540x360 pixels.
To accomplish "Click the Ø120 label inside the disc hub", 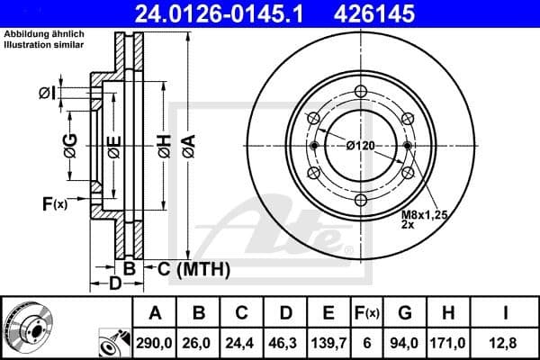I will (x=360, y=146).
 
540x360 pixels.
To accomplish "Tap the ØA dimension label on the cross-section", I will (x=187, y=144).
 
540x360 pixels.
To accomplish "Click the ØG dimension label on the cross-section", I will (x=69, y=144).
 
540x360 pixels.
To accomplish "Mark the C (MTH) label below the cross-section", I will (x=193, y=268).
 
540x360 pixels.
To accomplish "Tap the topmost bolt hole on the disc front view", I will (x=361, y=91).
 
